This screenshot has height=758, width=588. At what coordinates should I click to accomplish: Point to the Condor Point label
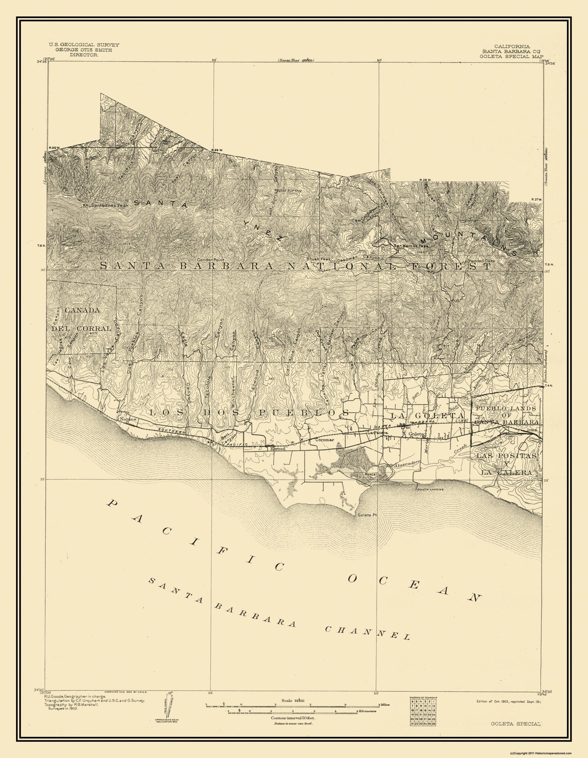point(211,260)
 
